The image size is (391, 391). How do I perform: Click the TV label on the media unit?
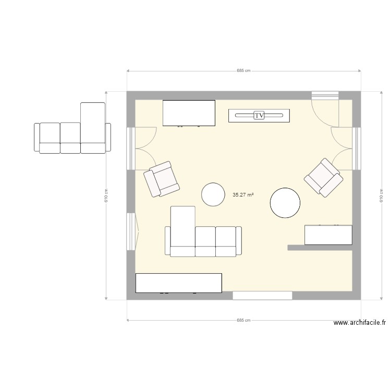[259, 115]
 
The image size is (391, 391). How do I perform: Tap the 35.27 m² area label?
[243, 195]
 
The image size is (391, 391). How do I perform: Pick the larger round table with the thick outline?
[285, 203]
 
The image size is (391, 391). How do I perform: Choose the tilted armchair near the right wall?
[324, 178]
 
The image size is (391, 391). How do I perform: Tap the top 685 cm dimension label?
[243, 70]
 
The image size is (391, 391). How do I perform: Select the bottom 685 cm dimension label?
[243, 321]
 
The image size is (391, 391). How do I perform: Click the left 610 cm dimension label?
[106, 195]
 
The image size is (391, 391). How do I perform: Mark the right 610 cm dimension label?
[381, 195]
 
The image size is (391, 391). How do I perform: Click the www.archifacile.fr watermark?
[360, 323]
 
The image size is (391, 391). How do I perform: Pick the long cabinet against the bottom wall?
[178, 283]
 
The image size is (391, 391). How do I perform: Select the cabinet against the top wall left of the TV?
[189, 113]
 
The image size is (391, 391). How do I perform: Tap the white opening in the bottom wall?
[262, 296]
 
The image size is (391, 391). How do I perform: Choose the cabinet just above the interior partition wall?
[328, 235]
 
